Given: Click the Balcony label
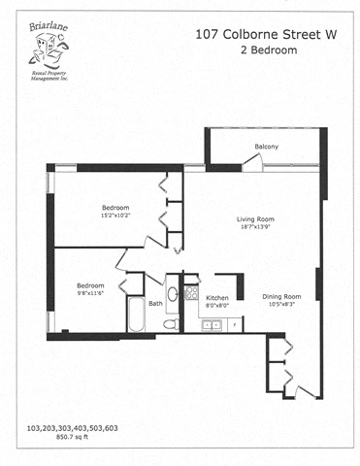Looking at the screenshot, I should click(x=267, y=147).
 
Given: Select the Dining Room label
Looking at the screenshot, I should click(x=281, y=296).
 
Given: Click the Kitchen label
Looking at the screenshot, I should click(x=217, y=297).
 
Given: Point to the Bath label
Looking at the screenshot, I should click(x=155, y=303).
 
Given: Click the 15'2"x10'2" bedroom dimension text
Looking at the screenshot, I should click(x=116, y=216).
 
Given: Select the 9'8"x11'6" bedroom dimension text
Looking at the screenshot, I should click(x=91, y=294).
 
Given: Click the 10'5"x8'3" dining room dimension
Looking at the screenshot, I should click(x=281, y=305).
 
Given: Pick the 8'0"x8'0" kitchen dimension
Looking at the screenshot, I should click(x=217, y=306).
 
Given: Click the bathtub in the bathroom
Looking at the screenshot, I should click(x=135, y=316).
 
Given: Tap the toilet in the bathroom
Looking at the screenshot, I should click(x=170, y=323).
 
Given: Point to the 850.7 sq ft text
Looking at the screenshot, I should click(x=55, y=437).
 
